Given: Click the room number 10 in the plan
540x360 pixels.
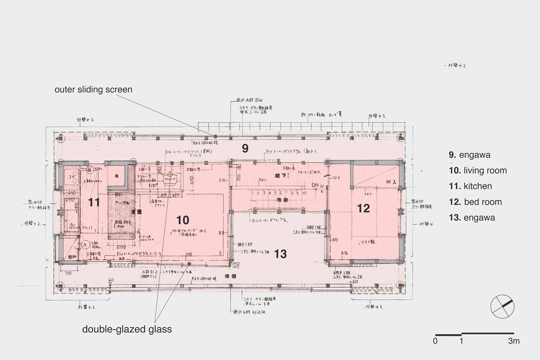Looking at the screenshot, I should click(183, 220).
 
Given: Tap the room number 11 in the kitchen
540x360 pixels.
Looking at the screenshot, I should click(94, 202).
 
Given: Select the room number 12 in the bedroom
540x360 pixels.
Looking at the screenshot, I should click(363, 208).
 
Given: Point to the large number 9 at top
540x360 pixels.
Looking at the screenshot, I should click(245, 148).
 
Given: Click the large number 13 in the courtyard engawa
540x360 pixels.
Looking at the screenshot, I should click(280, 254).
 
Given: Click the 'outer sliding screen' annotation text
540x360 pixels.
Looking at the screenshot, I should click(93, 89).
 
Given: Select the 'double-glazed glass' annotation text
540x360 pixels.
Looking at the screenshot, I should click(127, 329).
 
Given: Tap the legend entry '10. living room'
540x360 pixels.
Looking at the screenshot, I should click(478, 170).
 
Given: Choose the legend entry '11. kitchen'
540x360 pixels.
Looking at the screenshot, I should click(470, 186).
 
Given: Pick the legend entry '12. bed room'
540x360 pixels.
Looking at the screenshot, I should click(475, 202).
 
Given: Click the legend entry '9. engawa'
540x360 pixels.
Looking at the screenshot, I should click(469, 155).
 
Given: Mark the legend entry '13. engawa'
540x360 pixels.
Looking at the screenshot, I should click(472, 217).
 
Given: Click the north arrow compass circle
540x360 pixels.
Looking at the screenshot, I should click(502, 307).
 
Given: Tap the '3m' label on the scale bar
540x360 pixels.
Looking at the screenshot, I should click(514, 341).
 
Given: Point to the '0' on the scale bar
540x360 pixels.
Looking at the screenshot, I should click(435, 341).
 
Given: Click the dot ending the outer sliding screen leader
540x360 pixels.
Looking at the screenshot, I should click(215, 136).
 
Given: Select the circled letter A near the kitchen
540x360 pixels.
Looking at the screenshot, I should click(85, 245).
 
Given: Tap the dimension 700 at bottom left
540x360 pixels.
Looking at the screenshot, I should click(68, 273).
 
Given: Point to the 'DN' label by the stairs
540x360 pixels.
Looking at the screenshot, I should click(315, 185).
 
